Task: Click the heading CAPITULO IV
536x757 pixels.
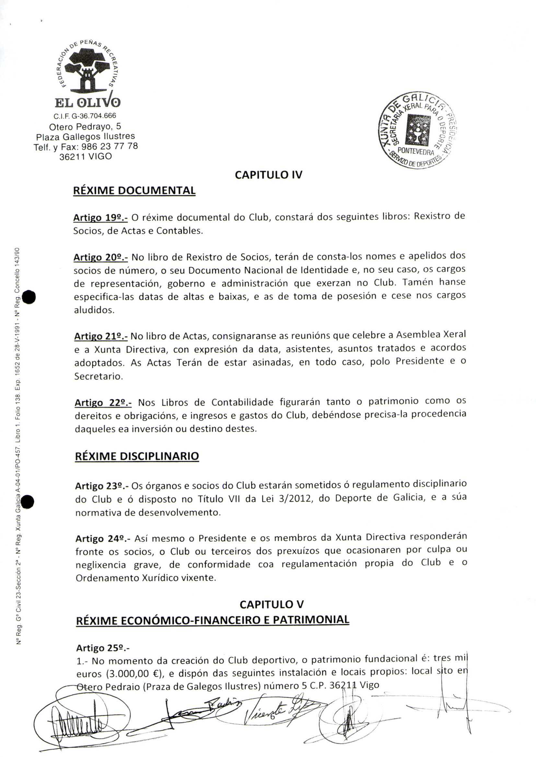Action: pyautogui.click(x=268, y=175)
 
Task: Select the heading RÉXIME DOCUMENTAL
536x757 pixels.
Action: pyautogui.click(x=134, y=191)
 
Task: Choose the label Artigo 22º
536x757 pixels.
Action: pyautogui.click(x=103, y=403)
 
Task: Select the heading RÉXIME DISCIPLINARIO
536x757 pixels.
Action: pyautogui.click(x=137, y=456)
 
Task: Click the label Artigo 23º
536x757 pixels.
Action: pyautogui.click(x=102, y=486)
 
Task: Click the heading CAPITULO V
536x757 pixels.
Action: pyautogui.click(x=271, y=604)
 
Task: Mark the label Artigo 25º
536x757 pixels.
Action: pyautogui.click(x=103, y=648)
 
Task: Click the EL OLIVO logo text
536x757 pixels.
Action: pyautogui.click(x=87, y=103)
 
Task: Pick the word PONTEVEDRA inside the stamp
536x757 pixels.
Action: pyautogui.click(x=415, y=152)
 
